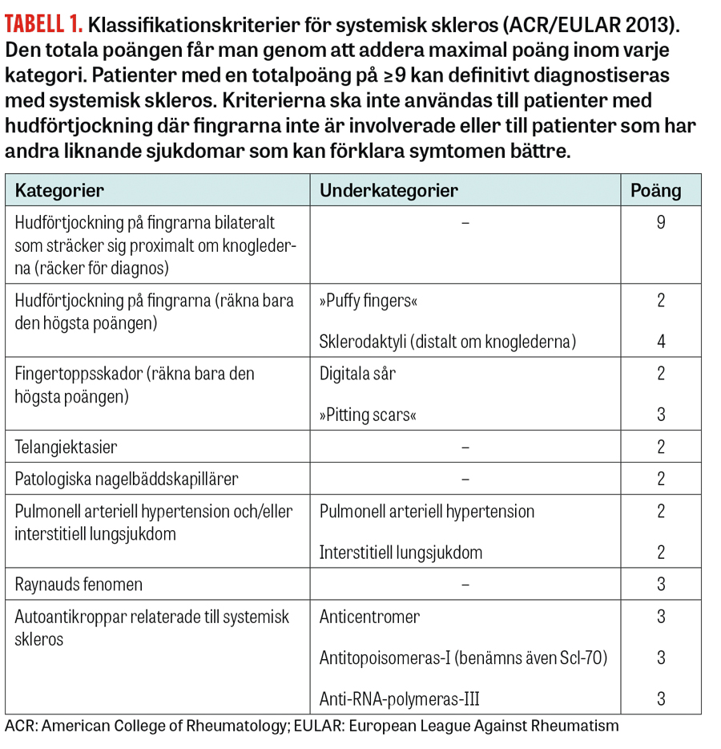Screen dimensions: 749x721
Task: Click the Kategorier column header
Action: (59, 190)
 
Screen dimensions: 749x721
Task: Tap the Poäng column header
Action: (655, 190)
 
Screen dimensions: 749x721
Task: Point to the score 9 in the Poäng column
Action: (660, 223)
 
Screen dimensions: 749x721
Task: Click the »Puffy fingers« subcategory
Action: (368, 302)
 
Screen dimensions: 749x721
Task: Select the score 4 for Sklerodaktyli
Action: (661, 342)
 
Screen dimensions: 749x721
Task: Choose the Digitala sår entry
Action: (357, 373)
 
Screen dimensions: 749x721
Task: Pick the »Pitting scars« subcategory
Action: (368, 415)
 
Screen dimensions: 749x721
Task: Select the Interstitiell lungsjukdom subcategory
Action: (401, 553)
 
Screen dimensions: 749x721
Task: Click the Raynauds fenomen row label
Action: (79, 585)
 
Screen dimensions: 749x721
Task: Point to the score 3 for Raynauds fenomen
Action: (661, 585)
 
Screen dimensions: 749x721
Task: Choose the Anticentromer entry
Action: (369, 617)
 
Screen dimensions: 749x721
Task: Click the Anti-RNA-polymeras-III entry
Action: (399, 698)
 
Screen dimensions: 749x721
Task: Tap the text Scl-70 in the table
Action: (582, 658)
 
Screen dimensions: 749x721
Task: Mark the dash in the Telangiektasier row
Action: (465, 447)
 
